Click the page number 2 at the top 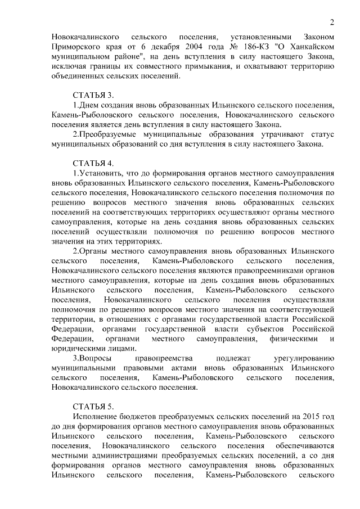332,22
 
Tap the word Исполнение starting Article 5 97,416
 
